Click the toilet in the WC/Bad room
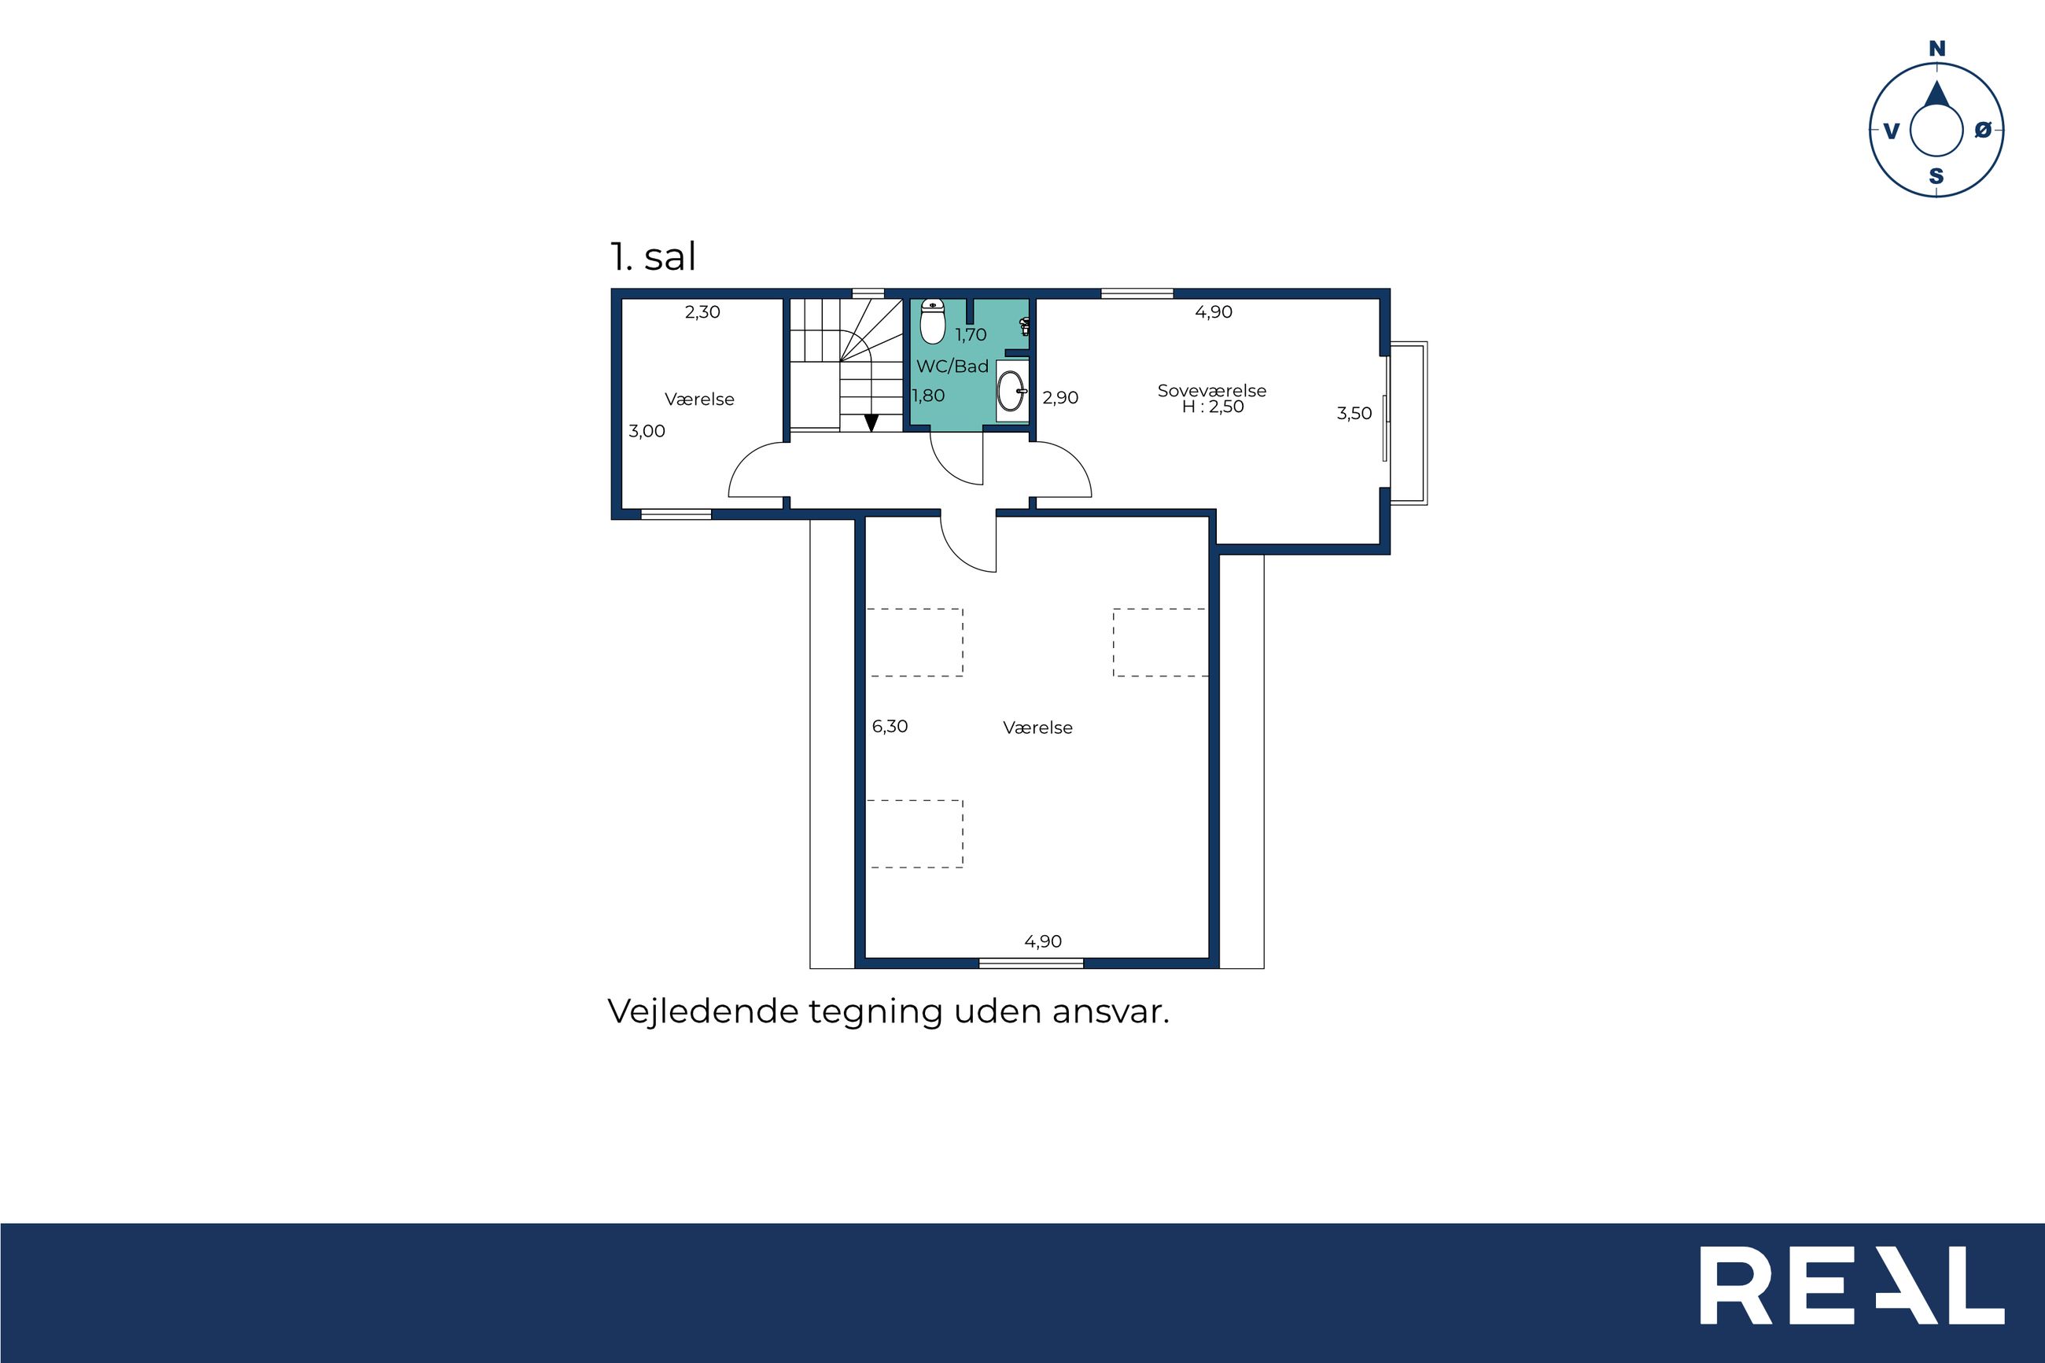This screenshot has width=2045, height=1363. coord(933,322)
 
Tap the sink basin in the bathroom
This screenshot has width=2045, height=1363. coord(1011,391)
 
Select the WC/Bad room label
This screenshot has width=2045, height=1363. coord(952,367)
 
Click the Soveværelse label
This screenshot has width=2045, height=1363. coord(1211,390)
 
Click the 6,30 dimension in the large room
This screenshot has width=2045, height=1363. coord(890,726)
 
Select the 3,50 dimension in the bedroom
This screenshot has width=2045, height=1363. coord(1354,414)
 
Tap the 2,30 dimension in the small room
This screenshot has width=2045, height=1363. coord(702,312)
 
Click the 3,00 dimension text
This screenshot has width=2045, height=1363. coord(647,431)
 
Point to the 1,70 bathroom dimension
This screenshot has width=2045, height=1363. coord(971,335)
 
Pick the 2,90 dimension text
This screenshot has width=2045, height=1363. coord(1060,398)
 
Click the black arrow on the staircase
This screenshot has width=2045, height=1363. coord(871,422)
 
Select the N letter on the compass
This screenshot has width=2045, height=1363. coord(1937,50)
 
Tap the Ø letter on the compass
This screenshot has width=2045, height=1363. coord(1982,131)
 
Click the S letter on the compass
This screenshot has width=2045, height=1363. coord(1936,176)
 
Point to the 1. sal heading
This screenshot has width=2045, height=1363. coord(653,256)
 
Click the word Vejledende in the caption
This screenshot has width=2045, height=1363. coord(702,1011)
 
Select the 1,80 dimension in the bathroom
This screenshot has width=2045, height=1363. coord(928,396)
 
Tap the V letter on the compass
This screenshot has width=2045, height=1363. coord(1891,131)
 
